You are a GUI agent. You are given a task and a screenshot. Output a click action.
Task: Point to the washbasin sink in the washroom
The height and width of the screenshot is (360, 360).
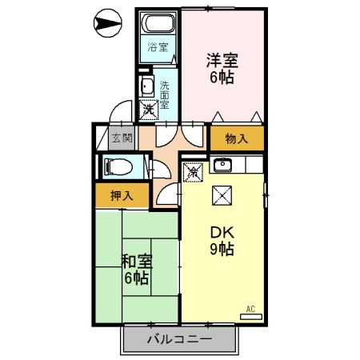click(148, 86)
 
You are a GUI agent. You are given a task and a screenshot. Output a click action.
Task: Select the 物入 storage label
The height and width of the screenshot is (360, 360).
click(237, 138)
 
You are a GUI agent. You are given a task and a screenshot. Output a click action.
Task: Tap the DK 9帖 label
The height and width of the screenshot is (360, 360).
click(222, 240)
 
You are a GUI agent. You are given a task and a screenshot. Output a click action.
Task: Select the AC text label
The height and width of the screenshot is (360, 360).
click(250, 308)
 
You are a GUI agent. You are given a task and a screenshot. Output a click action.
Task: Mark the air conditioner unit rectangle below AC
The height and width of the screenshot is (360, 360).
click(250, 317)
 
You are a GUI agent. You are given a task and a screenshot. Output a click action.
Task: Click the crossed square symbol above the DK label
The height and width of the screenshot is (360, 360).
click(222, 194)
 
